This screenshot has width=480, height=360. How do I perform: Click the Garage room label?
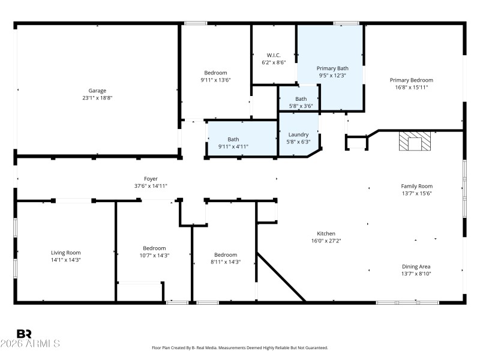tap(97, 91)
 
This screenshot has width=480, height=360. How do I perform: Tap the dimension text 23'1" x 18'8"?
tap(97, 98)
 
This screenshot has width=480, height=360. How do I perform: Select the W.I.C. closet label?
tap(273, 55)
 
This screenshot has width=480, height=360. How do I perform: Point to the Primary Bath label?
tap(332, 68)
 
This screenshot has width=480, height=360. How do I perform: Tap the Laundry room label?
tap(298, 134)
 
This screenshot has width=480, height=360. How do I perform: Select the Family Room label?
tap(416, 186)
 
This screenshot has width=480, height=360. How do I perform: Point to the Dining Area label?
tap(416, 266)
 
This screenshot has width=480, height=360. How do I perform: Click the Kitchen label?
tap(326, 233)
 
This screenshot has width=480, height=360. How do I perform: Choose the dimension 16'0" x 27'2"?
tap(326, 241)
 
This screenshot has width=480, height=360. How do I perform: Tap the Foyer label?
tap(151, 179)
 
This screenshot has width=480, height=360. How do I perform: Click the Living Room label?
tap(65, 253)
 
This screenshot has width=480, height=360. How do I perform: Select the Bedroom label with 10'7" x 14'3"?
tap(154, 248)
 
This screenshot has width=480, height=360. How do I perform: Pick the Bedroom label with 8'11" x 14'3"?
tap(226, 254)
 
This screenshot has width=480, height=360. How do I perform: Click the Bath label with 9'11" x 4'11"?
tap(233, 139)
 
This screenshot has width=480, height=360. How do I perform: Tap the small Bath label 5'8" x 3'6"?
tap(301, 99)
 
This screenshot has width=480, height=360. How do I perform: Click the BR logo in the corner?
tap(24, 334)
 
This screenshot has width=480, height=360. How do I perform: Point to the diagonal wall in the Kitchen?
tap(280, 277)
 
